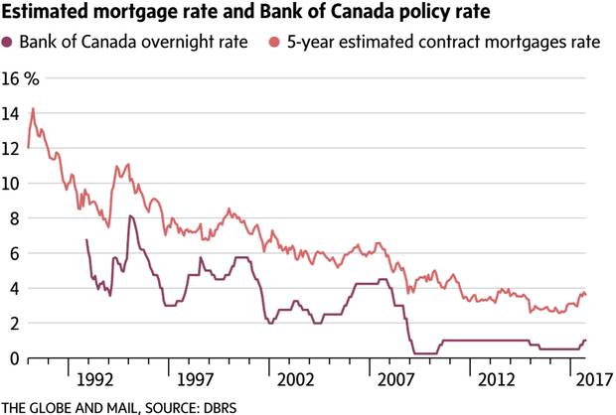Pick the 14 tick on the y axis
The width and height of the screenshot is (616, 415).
(11, 114)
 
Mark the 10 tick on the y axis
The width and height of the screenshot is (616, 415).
(11, 184)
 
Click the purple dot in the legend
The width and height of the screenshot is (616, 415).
(10, 42)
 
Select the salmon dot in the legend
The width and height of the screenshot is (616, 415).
(274, 42)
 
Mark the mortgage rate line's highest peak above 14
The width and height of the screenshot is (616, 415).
(33, 108)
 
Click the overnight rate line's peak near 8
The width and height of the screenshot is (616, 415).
(130, 215)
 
